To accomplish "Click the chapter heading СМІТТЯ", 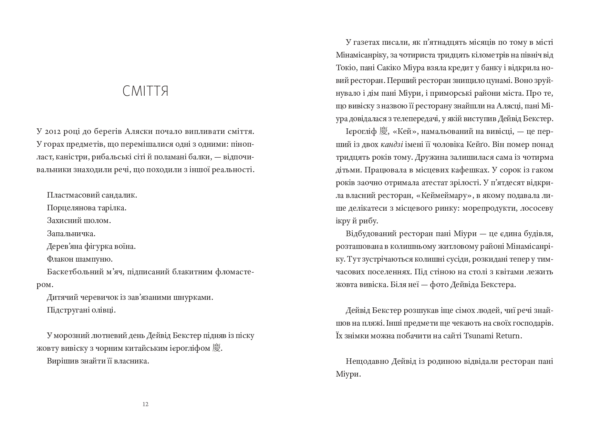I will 145,92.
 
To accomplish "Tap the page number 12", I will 145,404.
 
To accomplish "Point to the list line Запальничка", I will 71,233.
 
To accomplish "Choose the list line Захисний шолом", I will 79,221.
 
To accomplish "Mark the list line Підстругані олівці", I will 81,310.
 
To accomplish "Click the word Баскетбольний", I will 69,272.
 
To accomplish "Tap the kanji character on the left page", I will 216,348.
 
